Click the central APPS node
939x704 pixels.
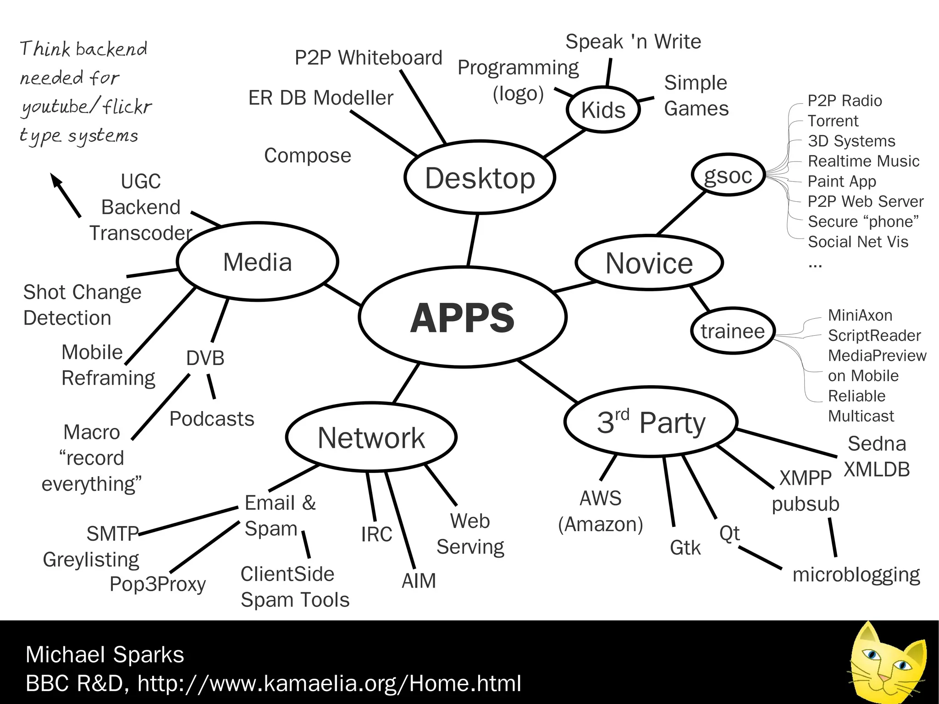pyautogui.click(x=463, y=317)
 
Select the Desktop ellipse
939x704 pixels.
pyautogui.click(x=480, y=177)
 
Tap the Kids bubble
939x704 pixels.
pyautogui.click(x=603, y=110)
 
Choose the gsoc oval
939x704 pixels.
pyautogui.click(x=728, y=175)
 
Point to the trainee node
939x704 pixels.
pyautogui.click(x=732, y=331)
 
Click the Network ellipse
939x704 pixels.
pyautogui.click(x=371, y=438)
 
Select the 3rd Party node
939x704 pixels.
pyautogui.click(x=651, y=422)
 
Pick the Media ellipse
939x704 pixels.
pyautogui.click(x=257, y=262)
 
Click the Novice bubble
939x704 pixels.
pyautogui.click(x=649, y=263)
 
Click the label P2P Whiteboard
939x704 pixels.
pyautogui.click(x=368, y=58)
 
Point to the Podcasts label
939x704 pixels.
pyautogui.click(x=211, y=419)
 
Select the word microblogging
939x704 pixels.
pyautogui.click(x=856, y=575)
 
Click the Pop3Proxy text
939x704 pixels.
pyautogui.click(x=157, y=584)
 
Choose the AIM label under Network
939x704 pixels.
pyautogui.click(x=419, y=581)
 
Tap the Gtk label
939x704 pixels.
pyautogui.click(x=685, y=548)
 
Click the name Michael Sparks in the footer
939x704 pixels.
pyautogui.click(x=105, y=654)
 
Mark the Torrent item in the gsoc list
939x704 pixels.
pyautogui.click(x=833, y=121)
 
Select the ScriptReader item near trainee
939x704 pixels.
pyautogui.click(x=874, y=336)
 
